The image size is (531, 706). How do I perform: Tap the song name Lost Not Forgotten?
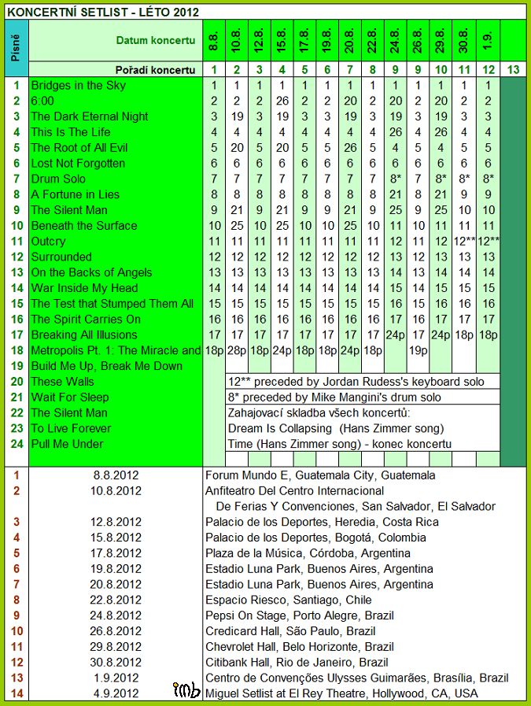coord(78,163)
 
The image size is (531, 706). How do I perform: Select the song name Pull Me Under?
coord(67,444)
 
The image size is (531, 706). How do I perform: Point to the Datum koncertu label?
coord(156,40)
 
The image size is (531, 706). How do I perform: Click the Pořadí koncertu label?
coord(156,70)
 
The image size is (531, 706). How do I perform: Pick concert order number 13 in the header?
coord(513,70)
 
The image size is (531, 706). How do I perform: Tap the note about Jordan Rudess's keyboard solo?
coord(362,382)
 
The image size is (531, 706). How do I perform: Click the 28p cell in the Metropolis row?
coord(236,350)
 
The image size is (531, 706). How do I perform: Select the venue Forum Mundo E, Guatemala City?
coord(319,475)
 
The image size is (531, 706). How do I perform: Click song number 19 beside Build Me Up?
coord(17,366)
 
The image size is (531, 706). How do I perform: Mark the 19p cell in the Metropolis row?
coord(419,350)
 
